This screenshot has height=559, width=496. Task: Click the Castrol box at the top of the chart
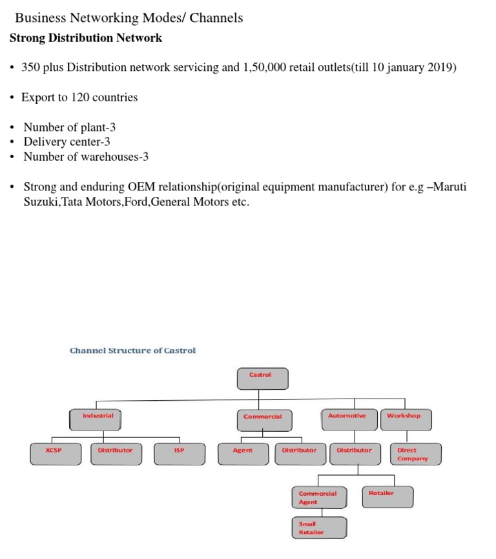tap(262, 379)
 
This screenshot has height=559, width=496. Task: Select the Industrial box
tap(96, 420)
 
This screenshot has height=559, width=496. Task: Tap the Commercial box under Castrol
tap(264, 420)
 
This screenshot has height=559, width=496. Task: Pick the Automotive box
tap(349, 420)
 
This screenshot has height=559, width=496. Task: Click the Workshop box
tap(406, 420)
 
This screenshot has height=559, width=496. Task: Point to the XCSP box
tap(56, 454)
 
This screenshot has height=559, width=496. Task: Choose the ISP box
tap(180, 454)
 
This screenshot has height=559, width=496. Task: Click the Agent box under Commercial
tap(242, 454)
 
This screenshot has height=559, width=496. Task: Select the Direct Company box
tap(416, 454)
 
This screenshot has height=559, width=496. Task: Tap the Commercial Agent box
tap(319, 498)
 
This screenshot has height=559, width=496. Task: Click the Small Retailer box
tap(318, 528)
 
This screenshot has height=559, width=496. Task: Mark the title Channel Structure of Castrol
tap(132, 351)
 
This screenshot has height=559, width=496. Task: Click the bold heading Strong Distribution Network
tap(86, 38)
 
